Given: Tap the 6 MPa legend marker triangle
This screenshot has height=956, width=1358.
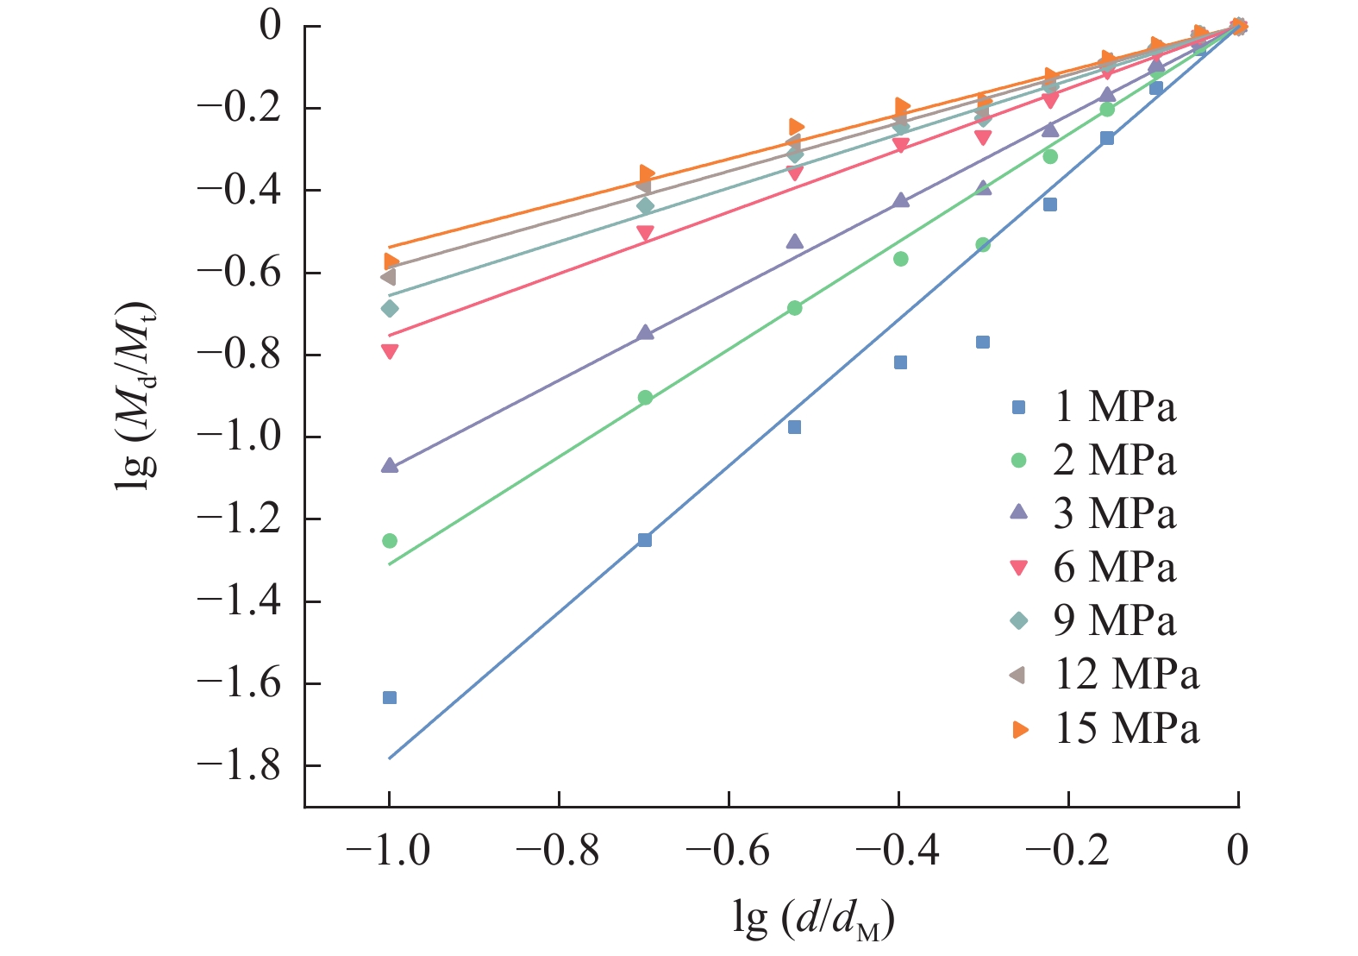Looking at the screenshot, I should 1019,568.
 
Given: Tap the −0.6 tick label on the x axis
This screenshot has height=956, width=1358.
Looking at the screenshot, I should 728,851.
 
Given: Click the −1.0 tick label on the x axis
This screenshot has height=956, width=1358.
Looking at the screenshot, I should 389,851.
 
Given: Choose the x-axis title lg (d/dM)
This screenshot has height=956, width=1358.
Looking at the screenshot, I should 813,921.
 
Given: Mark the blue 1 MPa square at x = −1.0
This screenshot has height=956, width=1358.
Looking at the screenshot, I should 390,697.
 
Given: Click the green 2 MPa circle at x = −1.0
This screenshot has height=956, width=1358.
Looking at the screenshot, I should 390,541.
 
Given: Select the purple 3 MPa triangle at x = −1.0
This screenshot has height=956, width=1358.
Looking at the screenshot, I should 390,466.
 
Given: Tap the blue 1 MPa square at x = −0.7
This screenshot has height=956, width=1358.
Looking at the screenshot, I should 645,540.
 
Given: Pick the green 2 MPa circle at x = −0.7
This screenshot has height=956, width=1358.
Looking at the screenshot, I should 645,398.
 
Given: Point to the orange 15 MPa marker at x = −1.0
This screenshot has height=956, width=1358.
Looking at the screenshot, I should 391,261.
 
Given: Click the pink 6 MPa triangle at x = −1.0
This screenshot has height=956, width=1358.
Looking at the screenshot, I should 390,351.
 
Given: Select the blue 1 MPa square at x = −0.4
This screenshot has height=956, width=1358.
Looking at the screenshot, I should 900,362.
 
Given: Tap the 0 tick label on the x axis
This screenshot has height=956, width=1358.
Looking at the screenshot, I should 1237,851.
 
